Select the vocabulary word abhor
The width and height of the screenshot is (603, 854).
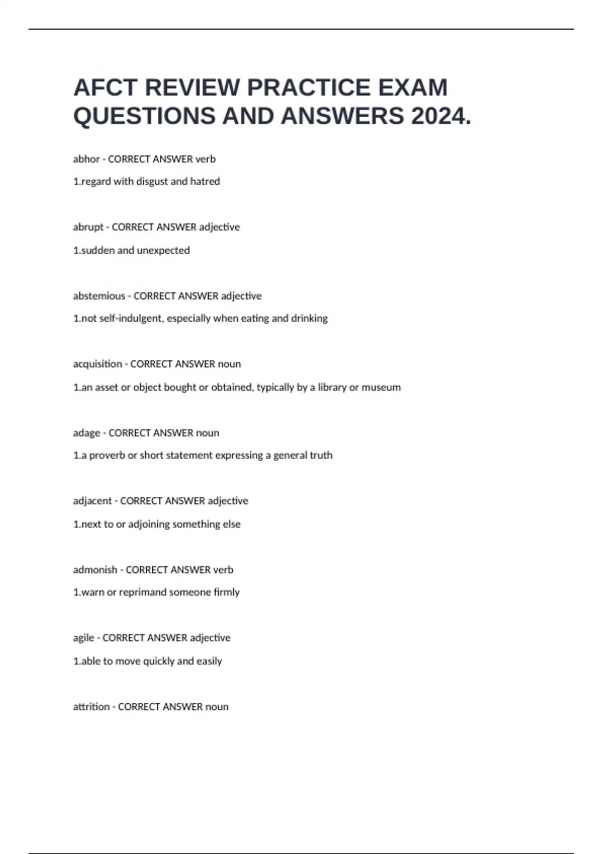tap(86, 159)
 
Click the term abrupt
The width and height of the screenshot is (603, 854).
tap(88, 227)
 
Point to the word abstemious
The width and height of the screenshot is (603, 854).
tap(99, 296)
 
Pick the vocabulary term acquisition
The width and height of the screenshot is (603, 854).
tap(97, 364)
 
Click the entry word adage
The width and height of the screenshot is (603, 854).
tap(86, 433)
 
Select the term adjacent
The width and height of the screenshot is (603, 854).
tap(92, 501)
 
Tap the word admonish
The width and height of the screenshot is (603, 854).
tap(95, 570)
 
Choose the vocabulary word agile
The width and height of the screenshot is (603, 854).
tap(83, 637)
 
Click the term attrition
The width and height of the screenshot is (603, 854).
tap(91, 706)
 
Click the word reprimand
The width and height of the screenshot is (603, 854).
tap(142, 592)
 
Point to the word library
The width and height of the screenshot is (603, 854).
tap(332, 387)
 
